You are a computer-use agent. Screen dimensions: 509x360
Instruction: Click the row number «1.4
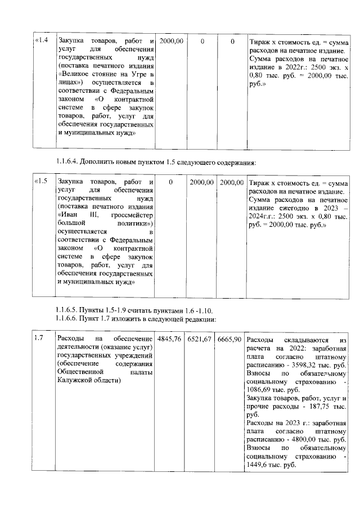pos(43,41)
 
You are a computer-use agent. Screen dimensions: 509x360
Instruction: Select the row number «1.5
pos(43,183)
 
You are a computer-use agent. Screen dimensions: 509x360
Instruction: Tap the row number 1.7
pos(39,339)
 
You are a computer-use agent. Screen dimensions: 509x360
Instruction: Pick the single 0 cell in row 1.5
pos(170,183)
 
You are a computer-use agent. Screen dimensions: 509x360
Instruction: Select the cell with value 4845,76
pos(169,339)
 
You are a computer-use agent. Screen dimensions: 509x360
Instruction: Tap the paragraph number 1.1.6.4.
pos(67,163)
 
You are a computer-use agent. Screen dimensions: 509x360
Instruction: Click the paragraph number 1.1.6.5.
pos(67,310)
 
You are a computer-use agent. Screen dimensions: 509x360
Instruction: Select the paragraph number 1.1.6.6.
pos(67,319)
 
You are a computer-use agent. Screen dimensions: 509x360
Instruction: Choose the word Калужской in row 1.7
pos(74,380)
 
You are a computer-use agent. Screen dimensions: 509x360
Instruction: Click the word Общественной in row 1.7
pos(80,372)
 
